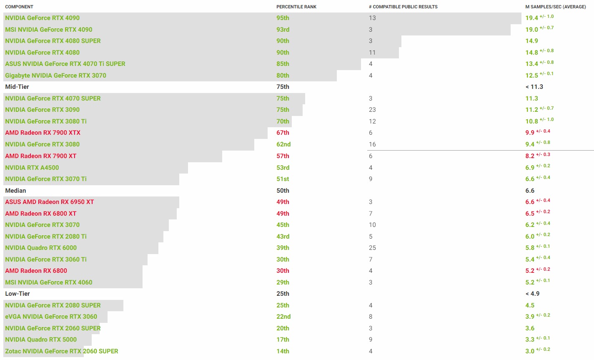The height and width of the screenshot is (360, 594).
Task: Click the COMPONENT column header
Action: [19, 7]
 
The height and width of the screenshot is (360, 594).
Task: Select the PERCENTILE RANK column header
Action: [296, 7]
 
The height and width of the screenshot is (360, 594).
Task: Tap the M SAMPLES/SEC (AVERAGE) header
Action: [555, 7]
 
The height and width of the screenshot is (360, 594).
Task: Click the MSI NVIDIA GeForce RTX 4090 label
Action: [49, 30]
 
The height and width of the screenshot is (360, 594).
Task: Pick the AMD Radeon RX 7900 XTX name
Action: [43, 133]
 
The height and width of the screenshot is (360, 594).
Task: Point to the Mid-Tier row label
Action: [17, 87]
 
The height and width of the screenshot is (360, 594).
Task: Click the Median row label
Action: [15, 191]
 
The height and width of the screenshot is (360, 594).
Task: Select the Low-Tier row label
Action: [18, 294]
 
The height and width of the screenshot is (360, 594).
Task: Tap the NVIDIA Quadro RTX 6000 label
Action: [41, 248]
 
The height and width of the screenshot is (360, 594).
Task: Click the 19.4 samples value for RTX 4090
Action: [531, 18]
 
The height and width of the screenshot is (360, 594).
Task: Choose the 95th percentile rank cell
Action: [283, 18]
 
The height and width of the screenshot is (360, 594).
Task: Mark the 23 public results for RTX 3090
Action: [372, 110]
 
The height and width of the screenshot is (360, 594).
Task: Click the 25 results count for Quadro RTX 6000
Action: [372, 248]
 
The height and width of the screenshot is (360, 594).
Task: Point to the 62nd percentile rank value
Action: [283, 144]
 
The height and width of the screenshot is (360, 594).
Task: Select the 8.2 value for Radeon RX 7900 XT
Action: [530, 156]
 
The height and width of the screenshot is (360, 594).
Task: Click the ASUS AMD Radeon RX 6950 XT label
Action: [50, 202]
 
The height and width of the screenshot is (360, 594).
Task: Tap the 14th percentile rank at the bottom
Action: [283, 351]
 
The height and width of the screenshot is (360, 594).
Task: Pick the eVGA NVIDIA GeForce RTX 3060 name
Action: [51, 317]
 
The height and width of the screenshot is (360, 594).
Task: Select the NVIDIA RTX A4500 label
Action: [32, 168]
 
